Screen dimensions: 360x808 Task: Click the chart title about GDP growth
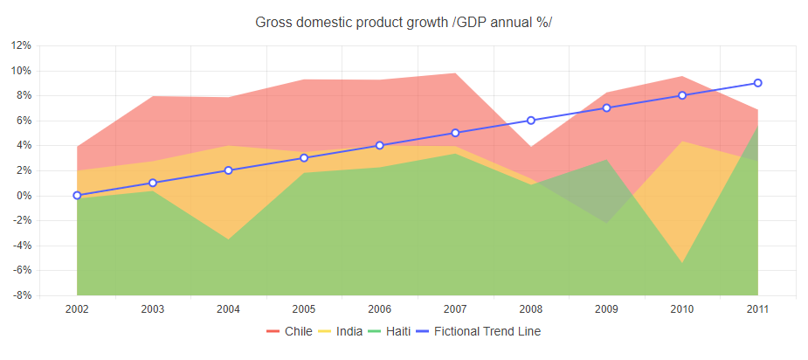coord(404,22)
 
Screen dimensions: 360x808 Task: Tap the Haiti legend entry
coord(391,331)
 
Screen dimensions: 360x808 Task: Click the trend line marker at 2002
coord(77,196)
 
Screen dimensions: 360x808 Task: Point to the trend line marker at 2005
coord(304,158)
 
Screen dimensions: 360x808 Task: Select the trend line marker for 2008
coord(531,121)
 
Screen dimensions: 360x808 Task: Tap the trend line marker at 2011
coord(757,83)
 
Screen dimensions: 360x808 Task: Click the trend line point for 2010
coord(682,95)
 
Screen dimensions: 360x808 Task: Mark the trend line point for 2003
coord(153,183)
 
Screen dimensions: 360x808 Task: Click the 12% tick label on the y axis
coord(21,45)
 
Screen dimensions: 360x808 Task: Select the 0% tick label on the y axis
coord(24,196)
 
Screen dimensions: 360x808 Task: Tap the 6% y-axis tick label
coord(24,121)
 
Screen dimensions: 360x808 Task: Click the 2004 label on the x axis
coord(228,308)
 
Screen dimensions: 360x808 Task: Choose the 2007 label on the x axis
coord(455,308)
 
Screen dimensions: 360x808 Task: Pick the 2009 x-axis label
coord(606,308)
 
